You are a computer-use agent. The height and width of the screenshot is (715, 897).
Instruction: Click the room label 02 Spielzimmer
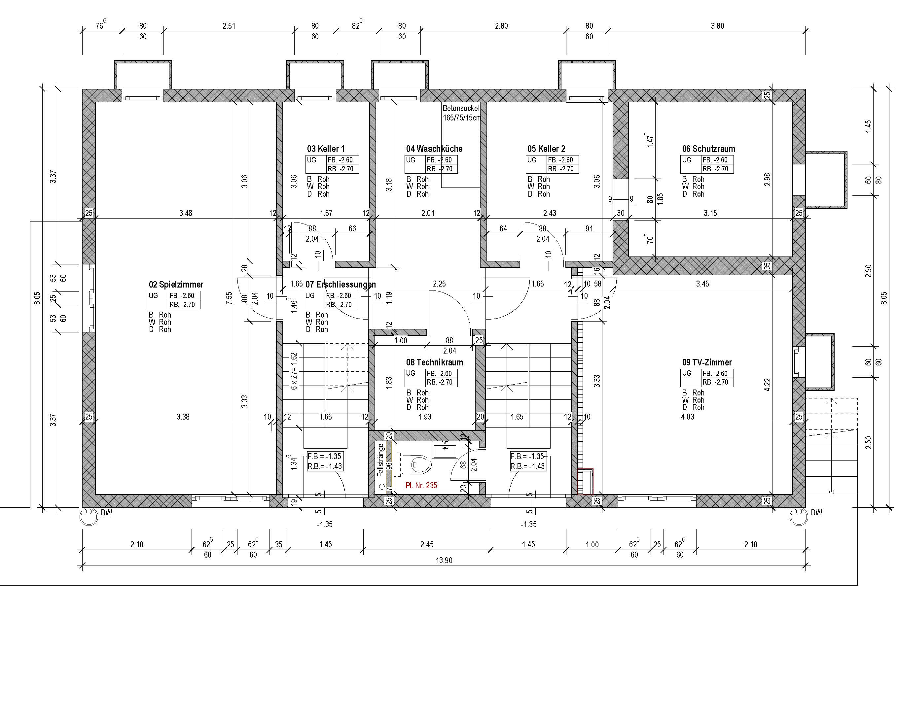(176, 285)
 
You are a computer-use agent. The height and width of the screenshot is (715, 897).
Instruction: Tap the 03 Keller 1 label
(326, 149)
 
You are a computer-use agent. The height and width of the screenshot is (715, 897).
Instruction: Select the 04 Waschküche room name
(434, 149)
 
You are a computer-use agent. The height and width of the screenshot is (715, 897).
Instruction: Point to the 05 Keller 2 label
(546, 149)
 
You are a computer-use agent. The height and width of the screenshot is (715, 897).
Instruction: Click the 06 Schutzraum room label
(708, 149)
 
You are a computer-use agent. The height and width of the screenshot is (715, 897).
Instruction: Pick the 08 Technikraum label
(434, 362)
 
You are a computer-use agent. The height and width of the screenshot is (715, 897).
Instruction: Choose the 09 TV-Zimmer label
(707, 362)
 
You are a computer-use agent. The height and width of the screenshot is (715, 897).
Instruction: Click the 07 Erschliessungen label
(340, 285)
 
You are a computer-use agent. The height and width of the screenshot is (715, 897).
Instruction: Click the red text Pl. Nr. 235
(421, 485)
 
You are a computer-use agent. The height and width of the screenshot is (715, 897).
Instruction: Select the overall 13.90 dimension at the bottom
(444, 560)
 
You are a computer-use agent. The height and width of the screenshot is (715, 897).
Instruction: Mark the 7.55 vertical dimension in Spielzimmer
(229, 298)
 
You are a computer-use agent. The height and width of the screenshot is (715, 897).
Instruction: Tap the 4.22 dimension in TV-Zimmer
(768, 385)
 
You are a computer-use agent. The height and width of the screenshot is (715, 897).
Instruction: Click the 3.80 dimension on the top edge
(717, 26)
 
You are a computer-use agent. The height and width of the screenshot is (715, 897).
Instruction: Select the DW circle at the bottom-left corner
(88, 517)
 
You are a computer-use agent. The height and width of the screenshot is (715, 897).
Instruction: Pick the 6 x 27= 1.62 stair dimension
(294, 371)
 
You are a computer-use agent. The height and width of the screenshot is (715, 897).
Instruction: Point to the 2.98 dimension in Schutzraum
(768, 180)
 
